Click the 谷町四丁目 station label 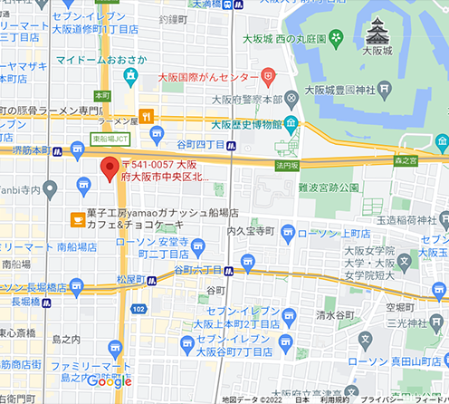[x=200, y=143]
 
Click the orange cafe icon [x=79, y=219]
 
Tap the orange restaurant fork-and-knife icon [x=143, y=115]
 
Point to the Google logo [x=110, y=381]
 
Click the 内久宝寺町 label [x=251, y=231]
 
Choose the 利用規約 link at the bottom [x=334, y=399]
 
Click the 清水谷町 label [x=337, y=316]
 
